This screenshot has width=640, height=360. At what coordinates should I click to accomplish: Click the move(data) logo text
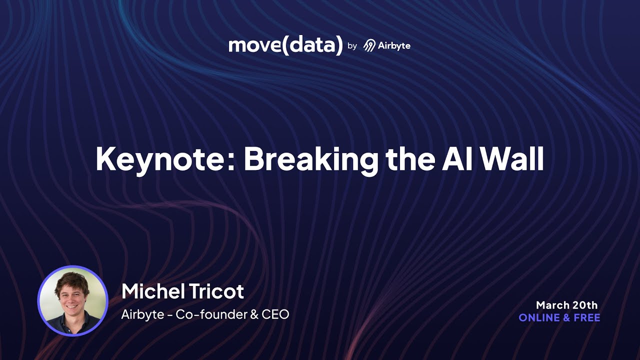pos(285,45)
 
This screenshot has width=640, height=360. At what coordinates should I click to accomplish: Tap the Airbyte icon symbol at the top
pos(369,46)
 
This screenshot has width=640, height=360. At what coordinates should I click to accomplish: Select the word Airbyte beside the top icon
pos(394,46)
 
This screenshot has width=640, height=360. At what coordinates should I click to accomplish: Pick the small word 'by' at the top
pos(352,46)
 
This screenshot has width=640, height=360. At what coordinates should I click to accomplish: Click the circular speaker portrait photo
pos(72,300)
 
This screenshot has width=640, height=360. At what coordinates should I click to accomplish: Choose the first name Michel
pos(149,291)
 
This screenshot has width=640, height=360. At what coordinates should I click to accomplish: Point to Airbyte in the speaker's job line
pos(136,315)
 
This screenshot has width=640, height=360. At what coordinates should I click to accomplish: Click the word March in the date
pos(552,305)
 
